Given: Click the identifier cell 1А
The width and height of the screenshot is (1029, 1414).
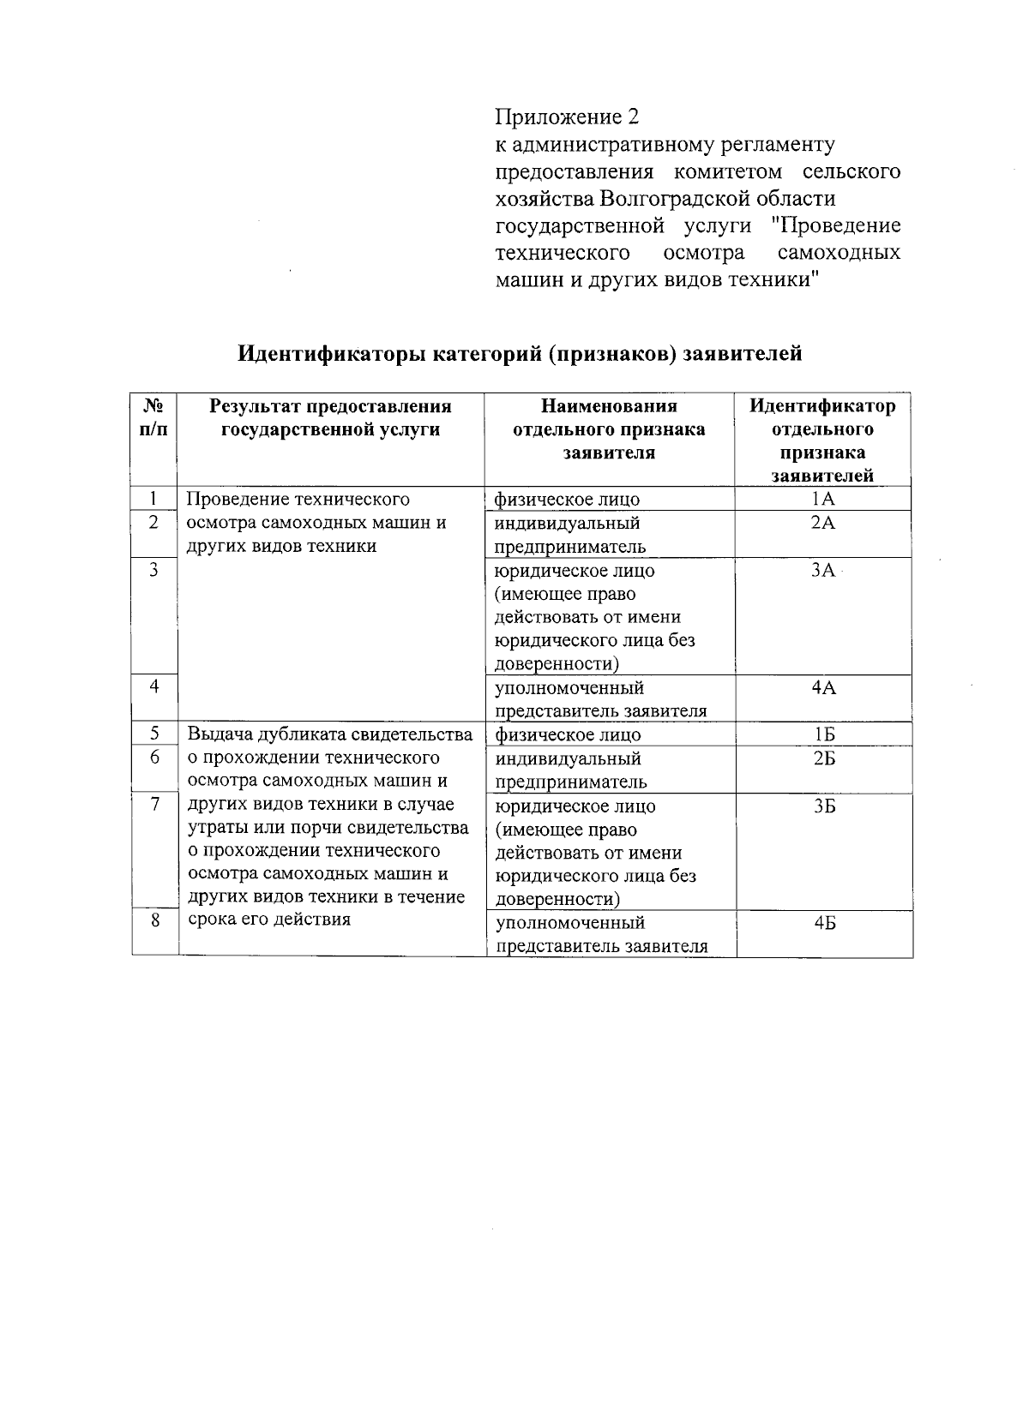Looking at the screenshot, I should point(823,500).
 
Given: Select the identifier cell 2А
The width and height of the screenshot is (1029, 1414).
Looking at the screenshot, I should point(823,523).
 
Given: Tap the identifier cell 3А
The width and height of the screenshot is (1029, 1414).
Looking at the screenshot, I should point(823,571).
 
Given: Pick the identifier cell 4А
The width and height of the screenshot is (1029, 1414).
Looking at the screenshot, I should point(823,688).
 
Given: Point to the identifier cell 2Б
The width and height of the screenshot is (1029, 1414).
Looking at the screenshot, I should point(824,758).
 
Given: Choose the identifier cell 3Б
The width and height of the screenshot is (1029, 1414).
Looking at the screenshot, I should point(824,806).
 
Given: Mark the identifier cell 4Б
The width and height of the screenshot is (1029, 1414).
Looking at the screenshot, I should point(824,923).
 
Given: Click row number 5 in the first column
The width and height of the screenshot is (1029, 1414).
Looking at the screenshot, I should point(154,734).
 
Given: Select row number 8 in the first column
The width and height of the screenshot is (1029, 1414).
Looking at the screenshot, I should point(154,921).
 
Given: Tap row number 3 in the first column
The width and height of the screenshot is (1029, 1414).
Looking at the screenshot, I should point(153,569).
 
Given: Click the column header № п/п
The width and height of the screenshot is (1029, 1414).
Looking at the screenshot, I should point(153,417).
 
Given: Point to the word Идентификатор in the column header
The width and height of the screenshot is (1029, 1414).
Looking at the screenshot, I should point(822,406).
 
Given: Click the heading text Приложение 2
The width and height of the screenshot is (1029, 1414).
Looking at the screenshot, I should point(568,117).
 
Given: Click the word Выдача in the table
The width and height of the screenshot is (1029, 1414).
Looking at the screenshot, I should point(217,734).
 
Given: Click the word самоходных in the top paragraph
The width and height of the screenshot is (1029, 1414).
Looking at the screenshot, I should point(839,253).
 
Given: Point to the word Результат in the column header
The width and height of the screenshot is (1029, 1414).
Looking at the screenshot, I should point(255,406).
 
